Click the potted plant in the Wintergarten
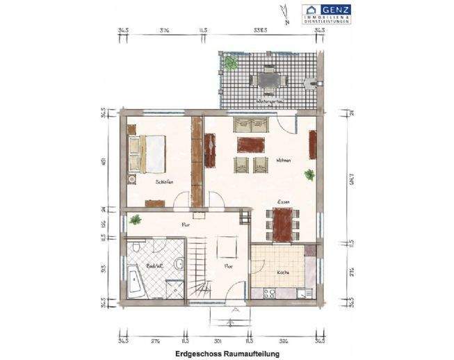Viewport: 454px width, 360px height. point(230,63)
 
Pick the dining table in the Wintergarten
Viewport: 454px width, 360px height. point(268,79)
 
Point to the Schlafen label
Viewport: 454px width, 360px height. point(164,181)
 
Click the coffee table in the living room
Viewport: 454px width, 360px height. point(251,145)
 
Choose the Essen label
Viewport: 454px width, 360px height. point(284,202)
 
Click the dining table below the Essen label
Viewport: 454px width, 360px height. point(282,224)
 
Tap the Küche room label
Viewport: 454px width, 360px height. point(283,273)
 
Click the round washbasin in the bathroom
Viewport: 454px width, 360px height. point(179,263)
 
